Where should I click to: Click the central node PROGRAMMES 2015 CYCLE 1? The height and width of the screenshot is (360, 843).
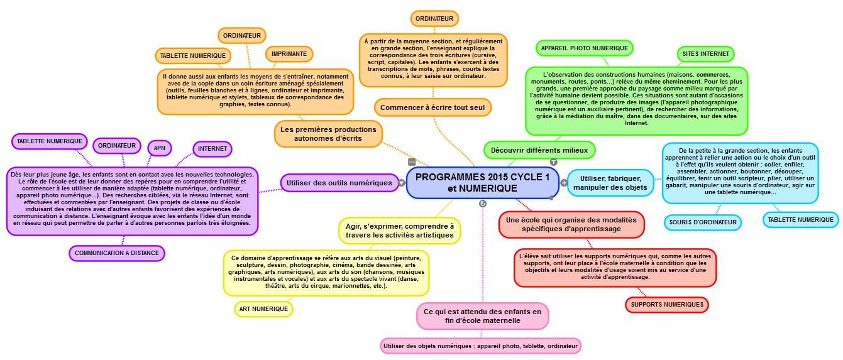pyautogui.click(x=482, y=183)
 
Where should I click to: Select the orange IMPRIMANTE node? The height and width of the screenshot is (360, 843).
pyautogui.click(x=290, y=54)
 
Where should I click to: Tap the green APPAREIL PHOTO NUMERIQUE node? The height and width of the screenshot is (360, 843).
pyautogui.click(x=584, y=48)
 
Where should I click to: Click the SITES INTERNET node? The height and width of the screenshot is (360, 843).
pyautogui.click(x=706, y=54)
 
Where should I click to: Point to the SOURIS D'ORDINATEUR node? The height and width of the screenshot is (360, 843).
pyautogui.click(x=702, y=222)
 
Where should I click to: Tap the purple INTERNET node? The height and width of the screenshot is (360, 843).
pyautogui.click(x=212, y=149)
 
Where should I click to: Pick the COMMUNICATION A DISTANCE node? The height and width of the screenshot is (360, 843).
pyautogui.click(x=117, y=253)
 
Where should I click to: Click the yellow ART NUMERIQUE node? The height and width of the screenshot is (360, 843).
pyautogui.click(x=263, y=308)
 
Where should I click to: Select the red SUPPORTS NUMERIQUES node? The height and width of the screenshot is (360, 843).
pyautogui.click(x=667, y=305)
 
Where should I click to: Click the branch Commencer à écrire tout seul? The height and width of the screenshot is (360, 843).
pyautogui.click(x=432, y=107)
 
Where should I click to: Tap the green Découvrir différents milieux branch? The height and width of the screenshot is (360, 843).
pyautogui.click(x=539, y=150)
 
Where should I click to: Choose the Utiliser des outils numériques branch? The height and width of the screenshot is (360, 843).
pyautogui.click(x=339, y=183)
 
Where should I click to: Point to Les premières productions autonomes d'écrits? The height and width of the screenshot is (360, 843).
pyautogui.click(x=329, y=134)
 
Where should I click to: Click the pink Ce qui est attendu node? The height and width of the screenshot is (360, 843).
pyautogui.click(x=482, y=316)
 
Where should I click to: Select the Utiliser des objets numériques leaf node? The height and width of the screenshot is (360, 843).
pyautogui.click(x=480, y=346)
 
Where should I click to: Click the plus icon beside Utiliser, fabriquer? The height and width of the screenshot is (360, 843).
pyautogui.click(x=564, y=183)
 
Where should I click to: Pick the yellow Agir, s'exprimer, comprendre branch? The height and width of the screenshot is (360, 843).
pyautogui.click(x=399, y=231)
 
